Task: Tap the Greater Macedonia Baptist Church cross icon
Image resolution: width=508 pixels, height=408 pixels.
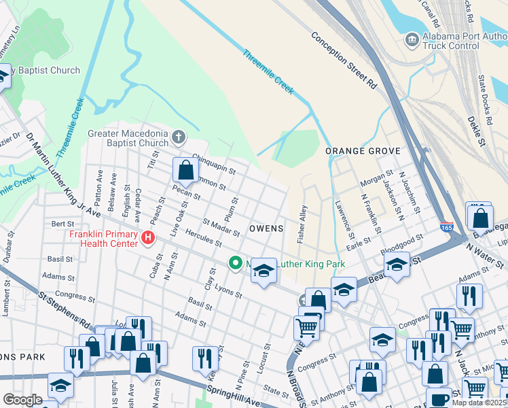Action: [x=179, y=137]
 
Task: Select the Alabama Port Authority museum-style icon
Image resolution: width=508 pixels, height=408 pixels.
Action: [x=412, y=40]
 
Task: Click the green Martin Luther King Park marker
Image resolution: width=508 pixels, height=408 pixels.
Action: [x=236, y=262]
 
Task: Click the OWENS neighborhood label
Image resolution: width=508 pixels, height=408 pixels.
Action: [x=266, y=228]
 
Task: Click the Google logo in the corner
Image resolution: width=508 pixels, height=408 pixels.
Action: [x=22, y=400]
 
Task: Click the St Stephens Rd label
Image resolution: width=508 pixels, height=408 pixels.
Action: [x=65, y=309]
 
